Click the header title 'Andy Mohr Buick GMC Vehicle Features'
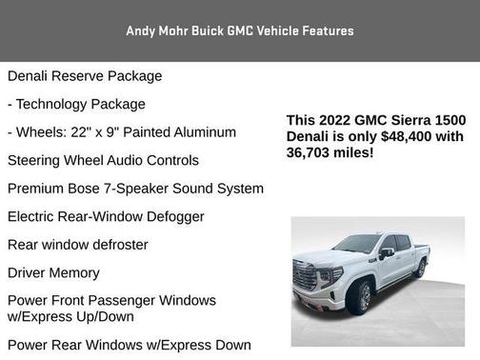click(239, 30)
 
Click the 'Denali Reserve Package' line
click(85, 76)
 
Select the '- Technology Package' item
click(76, 104)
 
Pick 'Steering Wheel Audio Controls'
click(103, 160)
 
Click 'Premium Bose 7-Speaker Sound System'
click(135, 189)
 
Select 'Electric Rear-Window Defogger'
click(106, 216)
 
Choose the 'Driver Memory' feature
click(53, 272)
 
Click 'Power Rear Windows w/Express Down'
click(129, 345)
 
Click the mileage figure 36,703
click(311, 152)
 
